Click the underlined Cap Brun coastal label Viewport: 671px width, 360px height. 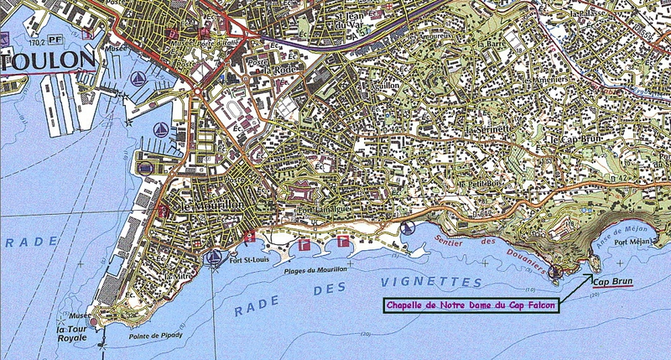[612, 281]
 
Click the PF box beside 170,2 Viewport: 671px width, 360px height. [55, 39]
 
